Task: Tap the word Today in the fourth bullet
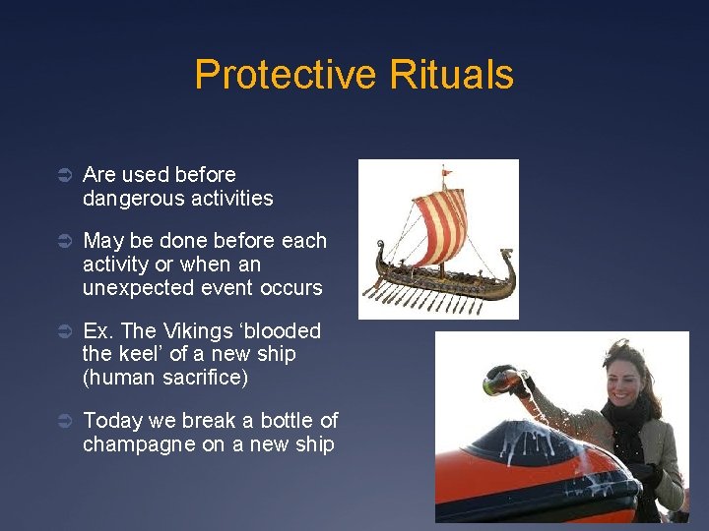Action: click(112, 421)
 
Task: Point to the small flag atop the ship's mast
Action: click(447, 174)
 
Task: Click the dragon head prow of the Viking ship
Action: click(381, 253)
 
